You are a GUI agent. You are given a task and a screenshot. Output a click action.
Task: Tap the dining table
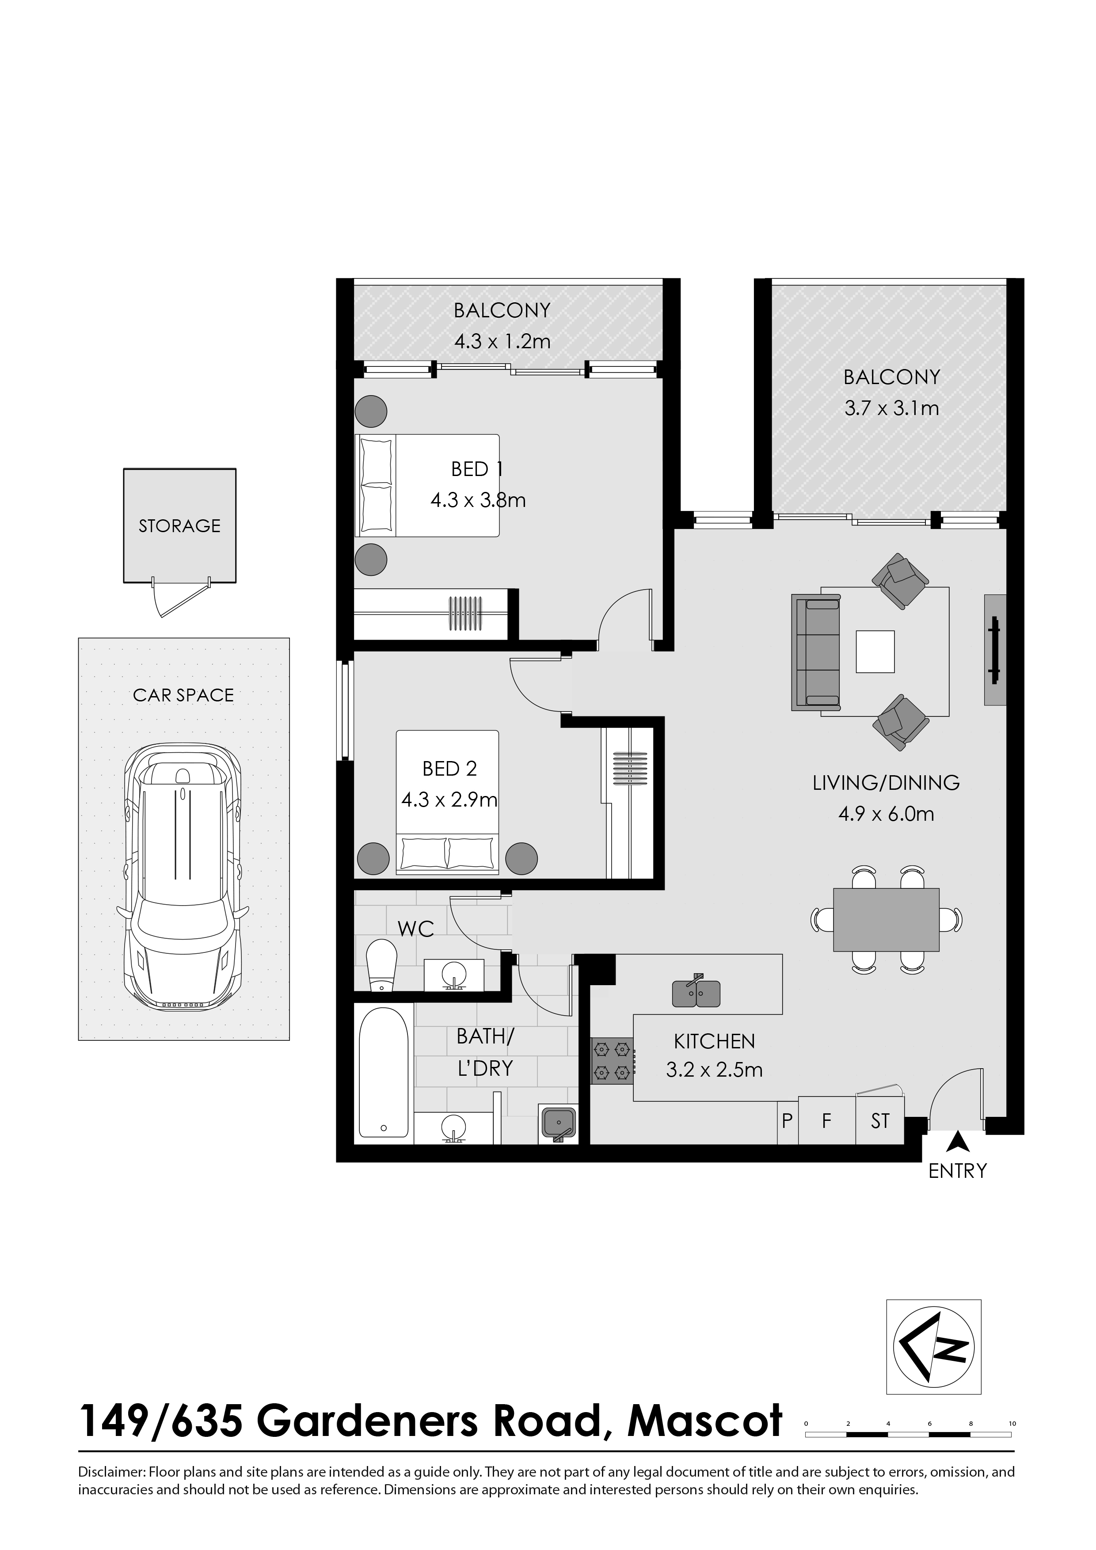click(886, 919)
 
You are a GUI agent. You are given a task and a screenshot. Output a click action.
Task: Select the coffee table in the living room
click(875, 651)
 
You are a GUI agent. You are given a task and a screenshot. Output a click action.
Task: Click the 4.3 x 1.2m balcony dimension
click(502, 342)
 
